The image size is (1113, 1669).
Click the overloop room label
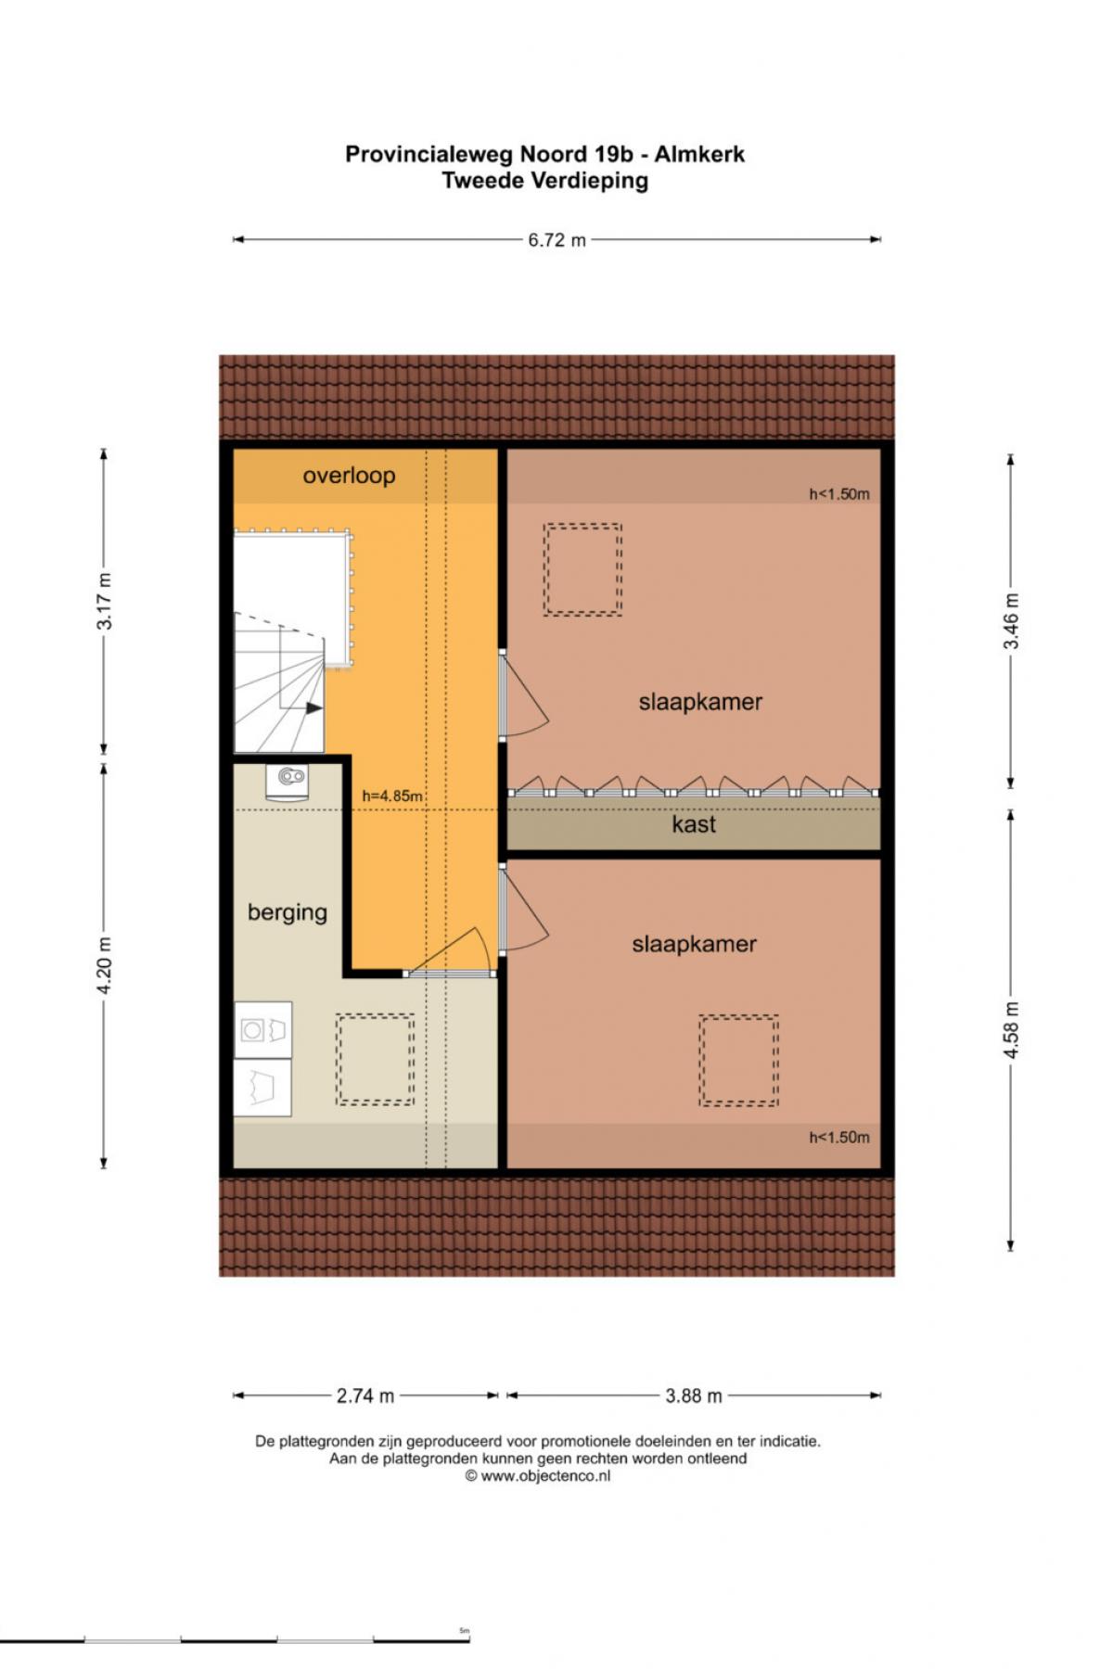point(349,476)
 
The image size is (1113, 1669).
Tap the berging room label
point(288,912)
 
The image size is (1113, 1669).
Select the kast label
point(694,824)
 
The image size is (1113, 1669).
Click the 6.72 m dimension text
point(557,240)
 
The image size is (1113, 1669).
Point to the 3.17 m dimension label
point(104,601)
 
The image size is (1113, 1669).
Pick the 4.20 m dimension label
point(104,965)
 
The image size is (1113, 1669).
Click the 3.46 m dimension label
point(1011,621)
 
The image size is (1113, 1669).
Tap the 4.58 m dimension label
point(1011,1029)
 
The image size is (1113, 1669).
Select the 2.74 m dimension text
point(365,1395)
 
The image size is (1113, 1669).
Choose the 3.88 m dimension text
point(694,1395)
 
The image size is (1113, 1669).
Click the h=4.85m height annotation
point(392,796)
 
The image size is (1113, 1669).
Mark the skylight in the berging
point(375,1059)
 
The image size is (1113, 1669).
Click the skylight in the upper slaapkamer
point(582,569)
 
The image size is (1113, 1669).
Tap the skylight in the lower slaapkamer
point(738,1061)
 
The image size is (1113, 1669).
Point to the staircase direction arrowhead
point(315,708)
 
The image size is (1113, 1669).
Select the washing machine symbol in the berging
point(262,1029)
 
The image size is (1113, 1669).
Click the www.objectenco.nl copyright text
point(538,1476)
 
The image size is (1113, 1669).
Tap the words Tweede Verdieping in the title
point(544,181)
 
